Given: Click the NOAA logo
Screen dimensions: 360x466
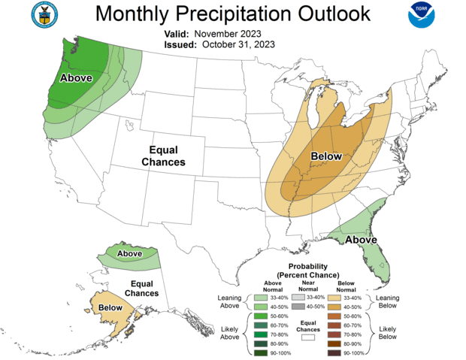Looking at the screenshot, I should click(422, 15).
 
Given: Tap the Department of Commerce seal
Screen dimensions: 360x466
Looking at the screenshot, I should click(45, 14).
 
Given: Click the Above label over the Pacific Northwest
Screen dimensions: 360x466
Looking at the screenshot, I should click(76, 78).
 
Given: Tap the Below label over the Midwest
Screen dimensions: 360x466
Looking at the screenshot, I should click(326, 156).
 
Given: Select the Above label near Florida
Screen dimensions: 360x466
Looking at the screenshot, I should click(361, 240).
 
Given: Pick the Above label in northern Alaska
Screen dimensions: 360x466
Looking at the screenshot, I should click(129, 254).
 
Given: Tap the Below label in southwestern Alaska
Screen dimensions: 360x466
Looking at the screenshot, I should click(110, 307).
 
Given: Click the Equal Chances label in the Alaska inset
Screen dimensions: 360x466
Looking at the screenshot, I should click(141, 288).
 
